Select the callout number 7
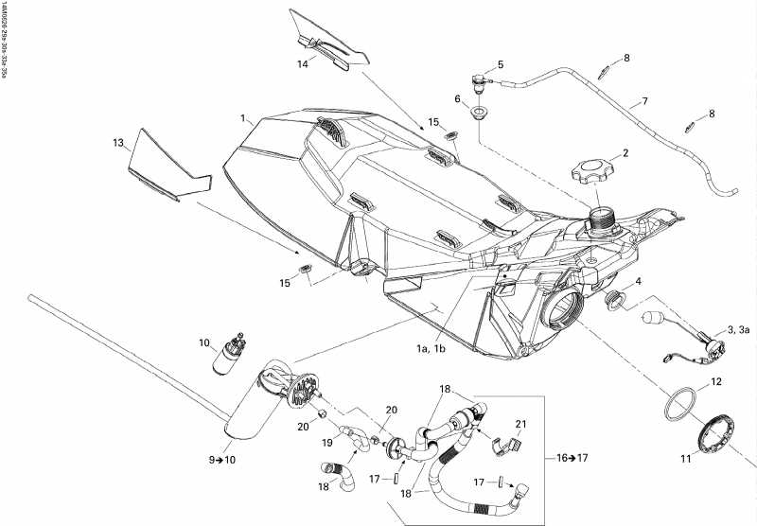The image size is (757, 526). point(643,101)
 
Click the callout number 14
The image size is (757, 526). point(303,65)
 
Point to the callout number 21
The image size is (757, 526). point(519,423)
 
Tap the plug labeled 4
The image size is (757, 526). point(612,302)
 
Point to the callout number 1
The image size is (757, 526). point(244,120)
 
